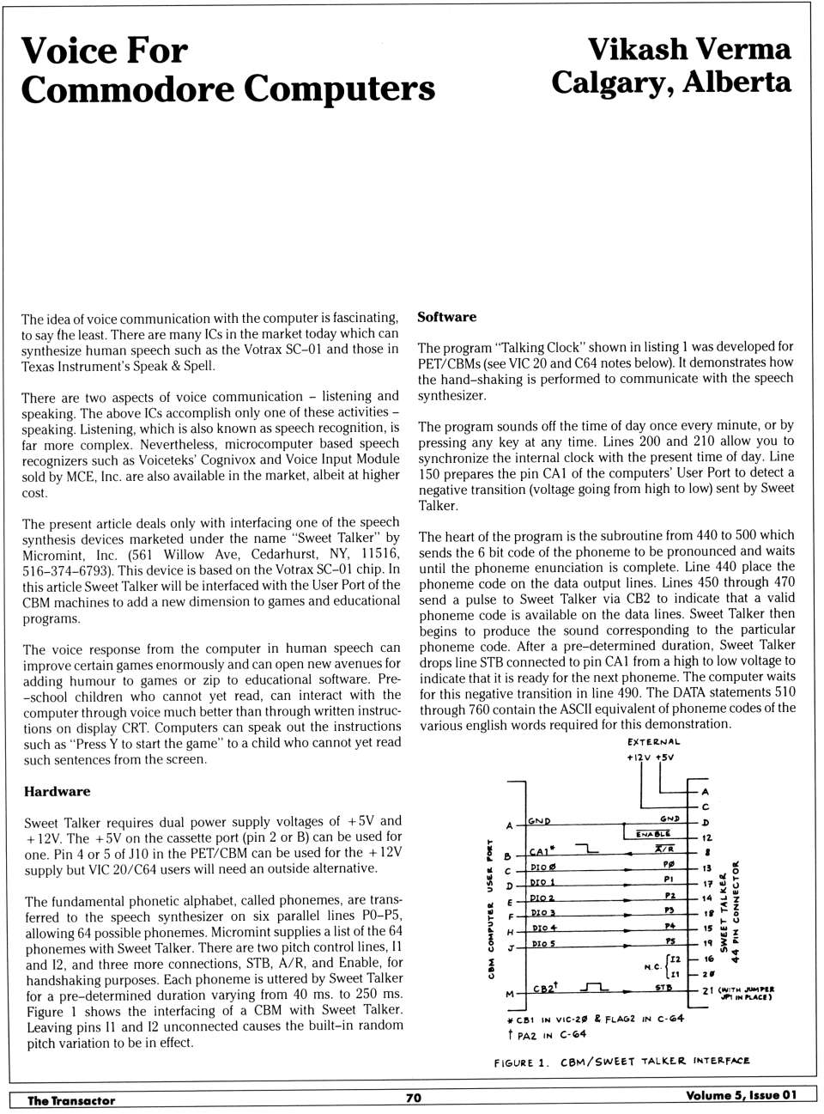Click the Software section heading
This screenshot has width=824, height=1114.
(446, 317)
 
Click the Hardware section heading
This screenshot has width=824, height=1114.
(57, 791)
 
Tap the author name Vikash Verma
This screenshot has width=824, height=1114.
(688, 49)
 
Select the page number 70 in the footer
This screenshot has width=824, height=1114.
(413, 1097)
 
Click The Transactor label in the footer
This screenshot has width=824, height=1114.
(70, 1100)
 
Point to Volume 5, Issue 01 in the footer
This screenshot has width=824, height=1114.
(741, 1095)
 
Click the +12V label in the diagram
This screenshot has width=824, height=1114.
(639, 758)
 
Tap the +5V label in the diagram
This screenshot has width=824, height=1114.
(665, 758)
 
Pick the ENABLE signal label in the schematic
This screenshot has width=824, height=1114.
(652, 833)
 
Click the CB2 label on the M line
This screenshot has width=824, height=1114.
(545, 988)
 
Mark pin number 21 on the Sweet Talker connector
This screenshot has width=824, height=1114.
(707, 990)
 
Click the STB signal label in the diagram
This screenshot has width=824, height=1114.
(663, 988)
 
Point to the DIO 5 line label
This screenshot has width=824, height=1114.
(542, 944)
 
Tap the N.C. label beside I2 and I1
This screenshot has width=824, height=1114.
(652, 967)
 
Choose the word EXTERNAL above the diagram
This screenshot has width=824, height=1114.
(653, 742)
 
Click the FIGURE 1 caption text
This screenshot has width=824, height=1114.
(520, 1063)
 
